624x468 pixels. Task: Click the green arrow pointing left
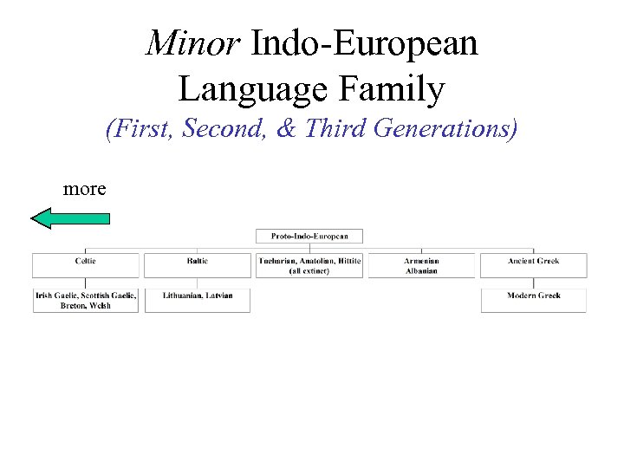coord(70,218)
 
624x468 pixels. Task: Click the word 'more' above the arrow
coord(85,188)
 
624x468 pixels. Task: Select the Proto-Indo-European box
coord(309,236)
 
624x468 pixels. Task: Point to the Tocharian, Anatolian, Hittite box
coord(309,265)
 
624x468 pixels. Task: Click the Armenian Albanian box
coord(421,265)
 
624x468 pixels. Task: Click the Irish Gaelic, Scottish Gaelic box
coord(85,300)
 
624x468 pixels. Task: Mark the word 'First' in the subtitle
coord(135,130)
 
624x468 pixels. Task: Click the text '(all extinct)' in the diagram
coord(309,270)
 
